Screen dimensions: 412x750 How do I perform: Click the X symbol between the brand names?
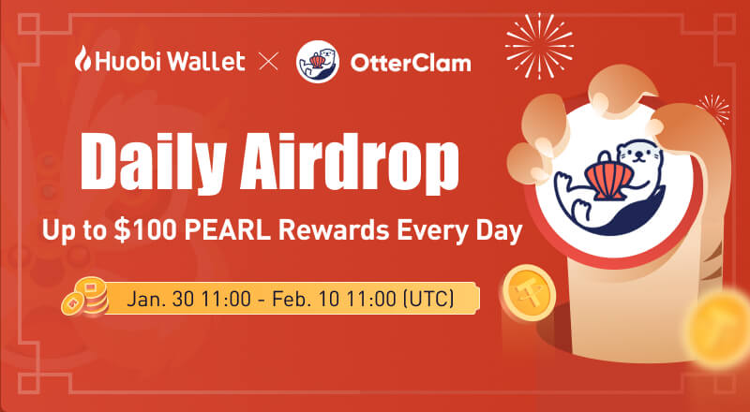tap(269, 63)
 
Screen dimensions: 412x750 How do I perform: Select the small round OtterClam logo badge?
tap(315, 63)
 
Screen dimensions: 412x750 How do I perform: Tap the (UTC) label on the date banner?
tap(427, 301)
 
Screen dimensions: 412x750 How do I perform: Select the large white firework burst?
tap(539, 39)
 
